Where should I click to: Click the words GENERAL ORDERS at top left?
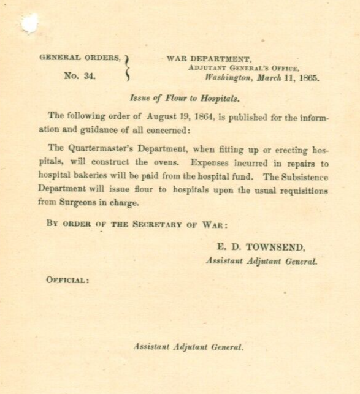click(80, 58)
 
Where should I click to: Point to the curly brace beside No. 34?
click(127, 67)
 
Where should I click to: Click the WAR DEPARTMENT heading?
click(209, 59)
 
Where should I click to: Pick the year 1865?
click(308, 78)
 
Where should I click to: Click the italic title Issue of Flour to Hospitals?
click(183, 98)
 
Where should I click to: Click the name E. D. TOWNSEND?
click(261, 248)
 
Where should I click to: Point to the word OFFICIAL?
click(67, 280)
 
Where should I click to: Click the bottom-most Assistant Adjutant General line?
click(189, 347)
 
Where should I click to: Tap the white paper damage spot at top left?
click(29, 23)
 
